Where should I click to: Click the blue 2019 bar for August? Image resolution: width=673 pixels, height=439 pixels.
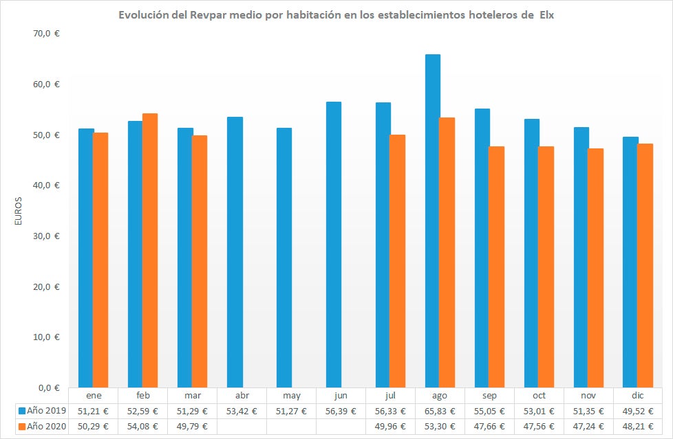(x=433, y=220)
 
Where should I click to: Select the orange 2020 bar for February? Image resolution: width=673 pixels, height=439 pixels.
(x=150, y=250)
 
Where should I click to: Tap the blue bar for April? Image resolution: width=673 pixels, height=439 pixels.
(x=235, y=251)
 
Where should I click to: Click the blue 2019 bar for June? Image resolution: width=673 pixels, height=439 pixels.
(x=334, y=244)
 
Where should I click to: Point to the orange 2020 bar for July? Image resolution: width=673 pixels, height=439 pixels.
(x=398, y=260)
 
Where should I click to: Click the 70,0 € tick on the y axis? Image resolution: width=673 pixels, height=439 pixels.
(x=47, y=34)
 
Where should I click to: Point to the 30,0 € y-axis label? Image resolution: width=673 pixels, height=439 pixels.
(x=47, y=236)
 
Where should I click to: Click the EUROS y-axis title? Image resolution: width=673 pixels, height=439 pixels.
(x=19, y=211)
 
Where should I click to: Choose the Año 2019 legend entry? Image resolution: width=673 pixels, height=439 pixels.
(x=42, y=411)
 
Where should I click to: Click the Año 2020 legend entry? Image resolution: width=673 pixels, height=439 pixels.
(x=42, y=426)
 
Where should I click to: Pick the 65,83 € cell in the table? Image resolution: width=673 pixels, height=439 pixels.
(x=440, y=411)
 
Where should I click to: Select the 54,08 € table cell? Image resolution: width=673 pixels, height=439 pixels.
(x=143, y=426)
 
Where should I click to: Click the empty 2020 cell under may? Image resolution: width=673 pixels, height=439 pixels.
(x=292, y=426)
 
